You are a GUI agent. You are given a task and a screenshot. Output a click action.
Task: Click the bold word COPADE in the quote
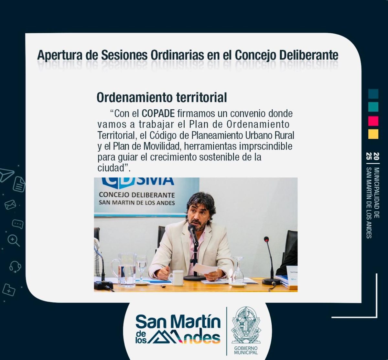tap(158, 114)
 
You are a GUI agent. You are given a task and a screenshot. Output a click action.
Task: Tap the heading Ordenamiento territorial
tap(162, 97)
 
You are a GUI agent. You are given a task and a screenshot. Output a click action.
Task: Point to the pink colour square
tap(373, 121)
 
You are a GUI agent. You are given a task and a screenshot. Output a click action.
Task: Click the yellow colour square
tap(373, 134)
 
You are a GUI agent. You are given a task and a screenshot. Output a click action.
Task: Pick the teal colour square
tap(373, 107)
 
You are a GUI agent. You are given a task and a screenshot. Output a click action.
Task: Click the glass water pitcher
tap(124, 269)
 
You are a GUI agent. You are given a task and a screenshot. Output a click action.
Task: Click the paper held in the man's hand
tap(205, 269)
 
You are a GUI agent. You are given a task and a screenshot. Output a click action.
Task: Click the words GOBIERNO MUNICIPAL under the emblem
tap(246, 350)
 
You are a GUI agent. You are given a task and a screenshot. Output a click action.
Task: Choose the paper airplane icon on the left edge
tap(6, 175)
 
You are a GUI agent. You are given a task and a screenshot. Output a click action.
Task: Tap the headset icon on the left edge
tap(15, 267)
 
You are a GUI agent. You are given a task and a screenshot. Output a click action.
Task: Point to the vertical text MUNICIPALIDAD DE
tap(376, 193)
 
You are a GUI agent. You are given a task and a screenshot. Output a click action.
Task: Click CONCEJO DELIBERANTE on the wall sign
tap(137, 195)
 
